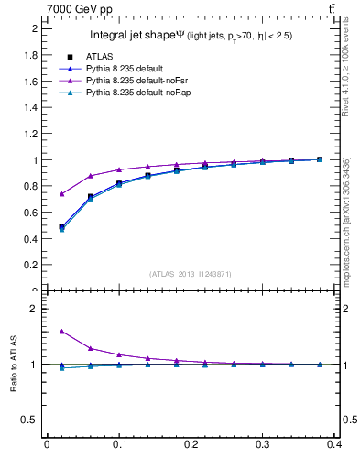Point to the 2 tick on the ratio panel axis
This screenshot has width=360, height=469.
coord(37,309)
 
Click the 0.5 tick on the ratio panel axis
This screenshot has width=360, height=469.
coord(32,420)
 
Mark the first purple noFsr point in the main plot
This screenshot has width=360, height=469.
coord(61,193)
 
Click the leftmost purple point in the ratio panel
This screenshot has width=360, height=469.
coord(61,332)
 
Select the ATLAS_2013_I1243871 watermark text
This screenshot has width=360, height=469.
coord(190,274)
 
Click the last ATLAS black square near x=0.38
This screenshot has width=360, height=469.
coord(320,159)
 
